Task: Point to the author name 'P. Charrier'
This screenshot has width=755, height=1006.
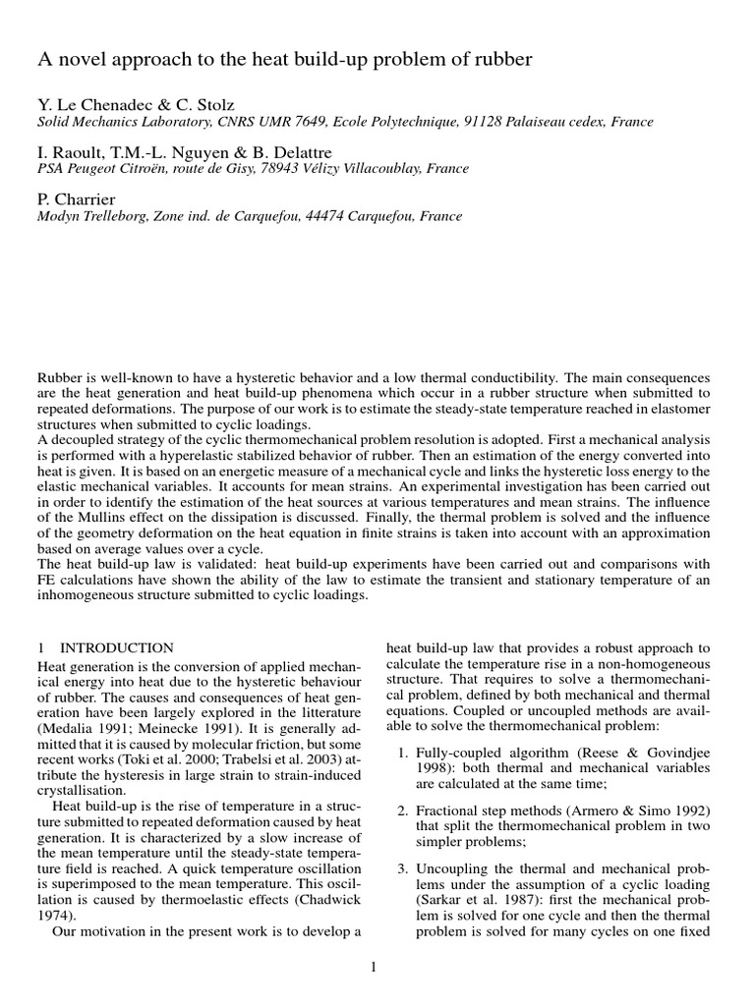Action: point(77,199)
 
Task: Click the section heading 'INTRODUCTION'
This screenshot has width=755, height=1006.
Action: point(117,648)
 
